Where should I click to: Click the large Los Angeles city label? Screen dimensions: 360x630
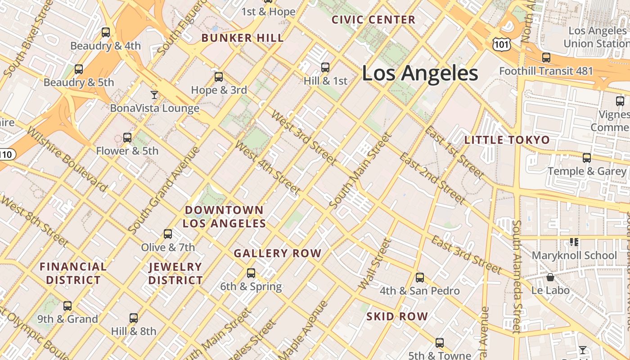pos(419,73)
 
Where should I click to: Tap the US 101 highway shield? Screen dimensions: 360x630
pos(501,44)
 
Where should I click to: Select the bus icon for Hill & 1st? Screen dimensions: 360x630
pos(325,67)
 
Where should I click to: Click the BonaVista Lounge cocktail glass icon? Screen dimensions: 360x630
pos(154,94)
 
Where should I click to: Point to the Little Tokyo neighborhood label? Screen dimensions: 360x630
pos(507,140)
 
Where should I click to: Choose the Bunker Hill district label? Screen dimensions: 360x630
pos(243,38)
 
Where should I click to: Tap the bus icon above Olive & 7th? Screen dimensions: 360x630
pos(168,234)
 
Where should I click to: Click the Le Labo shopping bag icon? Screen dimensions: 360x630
pos(550,277)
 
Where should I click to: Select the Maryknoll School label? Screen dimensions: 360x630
pos(574,256)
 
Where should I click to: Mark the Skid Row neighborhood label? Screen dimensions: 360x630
pos(397,316)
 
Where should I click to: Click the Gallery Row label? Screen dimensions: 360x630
pos(278,253)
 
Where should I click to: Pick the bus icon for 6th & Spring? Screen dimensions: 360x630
pos(251,273)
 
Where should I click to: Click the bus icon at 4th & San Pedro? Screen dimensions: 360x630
pos(420,278)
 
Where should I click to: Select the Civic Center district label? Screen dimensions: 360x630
pos(373,20)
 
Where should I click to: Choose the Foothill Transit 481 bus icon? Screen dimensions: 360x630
pos(546,58)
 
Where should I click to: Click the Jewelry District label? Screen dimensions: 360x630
pos(175,274)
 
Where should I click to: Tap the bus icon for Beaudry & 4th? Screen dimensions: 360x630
pos(106,32)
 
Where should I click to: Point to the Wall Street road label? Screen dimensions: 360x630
pos(373,265)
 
